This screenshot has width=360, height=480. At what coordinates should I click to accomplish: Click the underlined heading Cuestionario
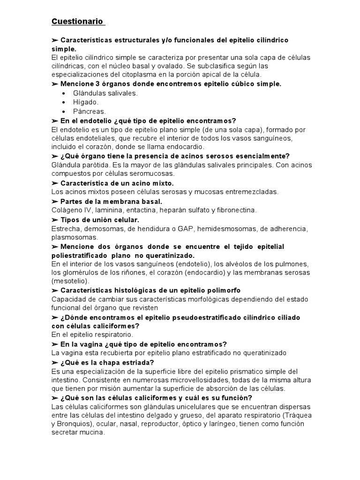point(78,22)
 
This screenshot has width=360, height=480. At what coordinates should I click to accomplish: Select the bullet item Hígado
point(86,102)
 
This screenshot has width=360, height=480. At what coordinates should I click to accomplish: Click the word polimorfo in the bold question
point(214,291)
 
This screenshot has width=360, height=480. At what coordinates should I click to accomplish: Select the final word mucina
point(91,433)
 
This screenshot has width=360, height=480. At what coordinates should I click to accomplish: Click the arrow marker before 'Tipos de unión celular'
point(55,219)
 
